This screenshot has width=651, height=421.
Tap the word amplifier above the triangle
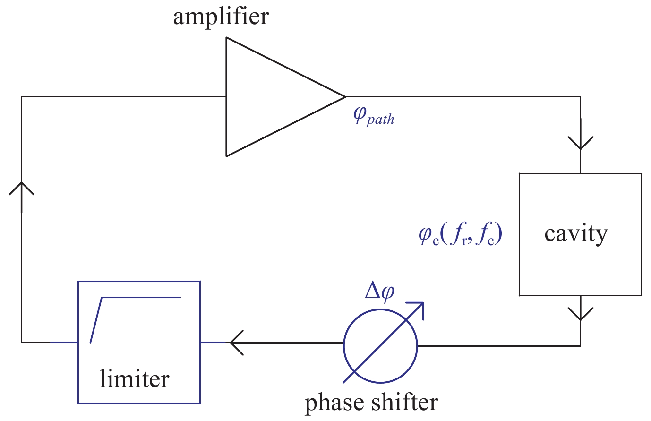[x=221, y=17]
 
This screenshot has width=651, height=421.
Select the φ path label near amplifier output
[x=373, y=116]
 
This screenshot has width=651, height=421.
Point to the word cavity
[x=576, y=234]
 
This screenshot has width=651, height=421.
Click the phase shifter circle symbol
[x=380, y=346]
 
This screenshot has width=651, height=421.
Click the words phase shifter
[x=371, y=403]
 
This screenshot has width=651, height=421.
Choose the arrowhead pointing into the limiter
[x=237, y=342]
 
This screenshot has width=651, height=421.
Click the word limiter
[x=134, y=379]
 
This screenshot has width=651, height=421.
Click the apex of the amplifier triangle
[x=345, y=97]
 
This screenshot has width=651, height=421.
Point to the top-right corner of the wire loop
[x=580, y=97]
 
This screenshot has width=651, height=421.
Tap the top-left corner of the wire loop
[x=21, y=97]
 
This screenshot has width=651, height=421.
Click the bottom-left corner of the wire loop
[x=21, y=342]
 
